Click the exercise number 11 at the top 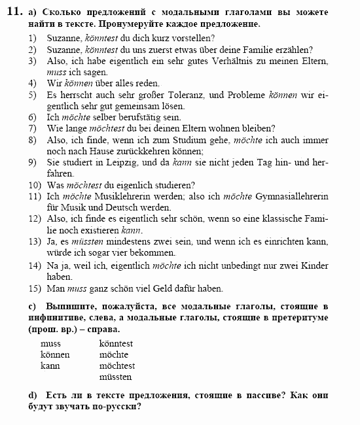14,12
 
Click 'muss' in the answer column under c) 50,343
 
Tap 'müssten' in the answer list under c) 115,377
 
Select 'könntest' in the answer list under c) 116,343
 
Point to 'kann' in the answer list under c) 50,365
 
